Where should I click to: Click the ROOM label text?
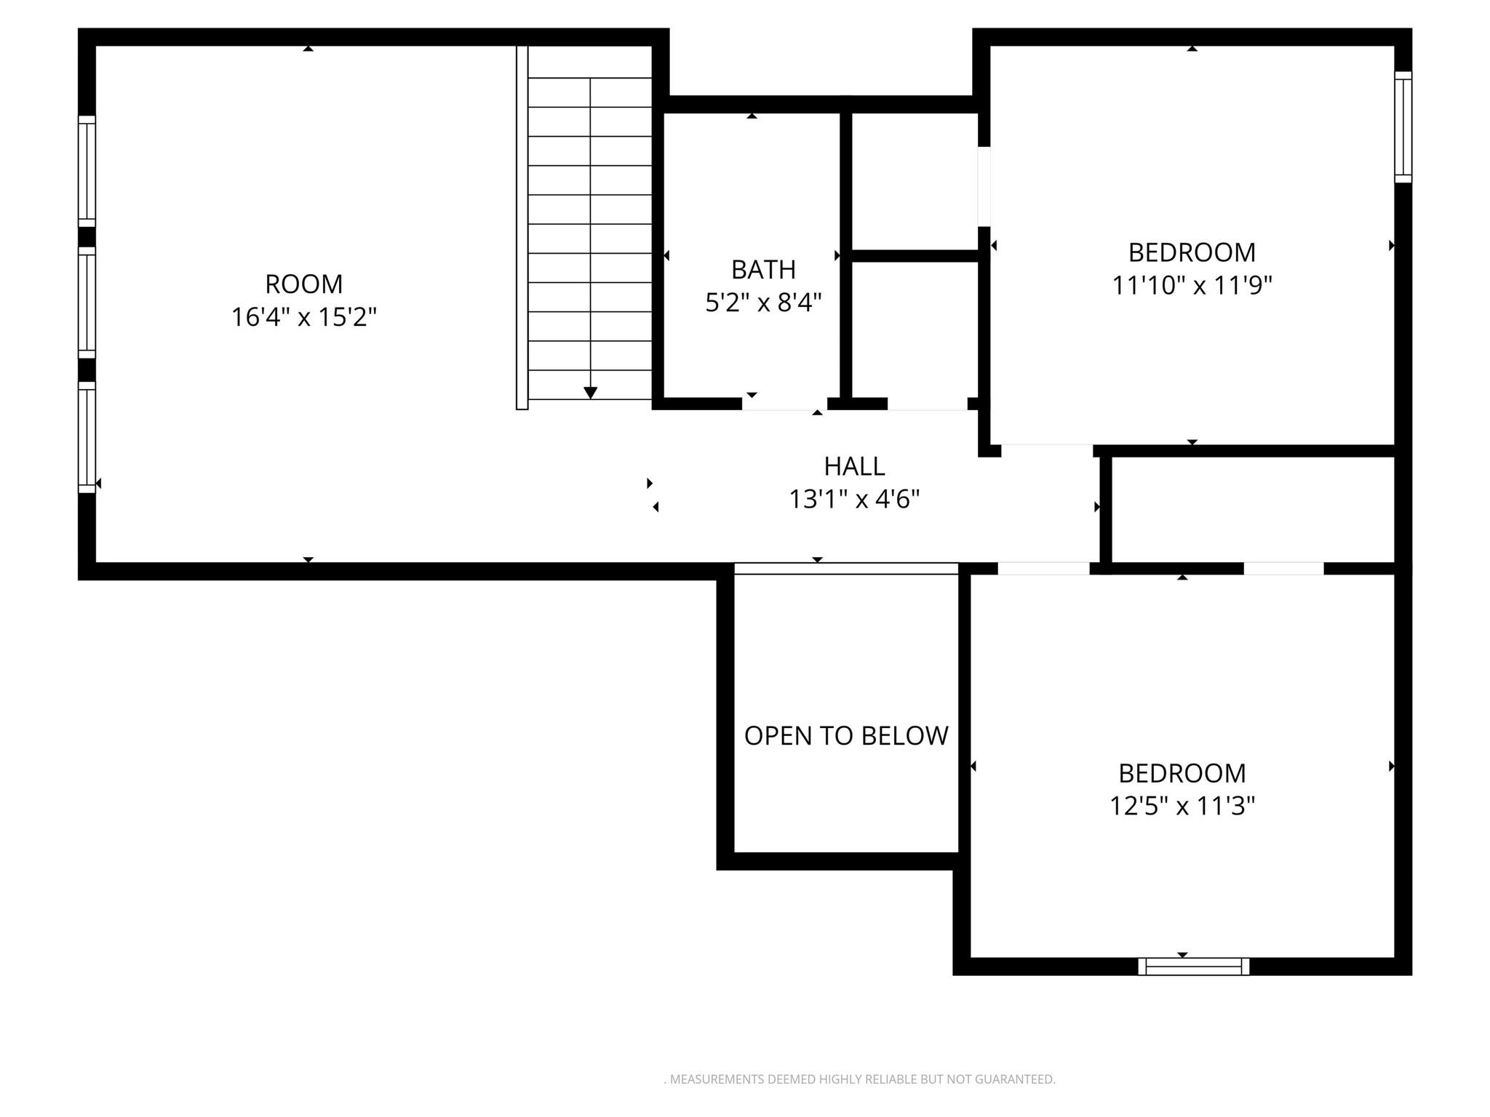303,284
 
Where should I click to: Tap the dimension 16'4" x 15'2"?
303,317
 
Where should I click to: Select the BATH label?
763,270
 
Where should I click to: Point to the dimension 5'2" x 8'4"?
763,302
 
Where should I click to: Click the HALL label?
854,466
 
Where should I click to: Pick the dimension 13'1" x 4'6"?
854,500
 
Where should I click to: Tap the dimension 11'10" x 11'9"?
1192,285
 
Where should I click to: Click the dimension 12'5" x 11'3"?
1182,806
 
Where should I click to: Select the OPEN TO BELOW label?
846,736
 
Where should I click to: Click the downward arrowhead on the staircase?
591,393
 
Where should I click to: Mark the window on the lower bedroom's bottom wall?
1193,966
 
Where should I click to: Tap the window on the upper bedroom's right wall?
1403,127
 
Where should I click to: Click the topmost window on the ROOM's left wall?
87,171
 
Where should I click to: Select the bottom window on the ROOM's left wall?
87,437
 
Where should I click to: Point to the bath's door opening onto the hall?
784,404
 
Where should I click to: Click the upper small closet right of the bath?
915,182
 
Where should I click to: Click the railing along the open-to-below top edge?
846,569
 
